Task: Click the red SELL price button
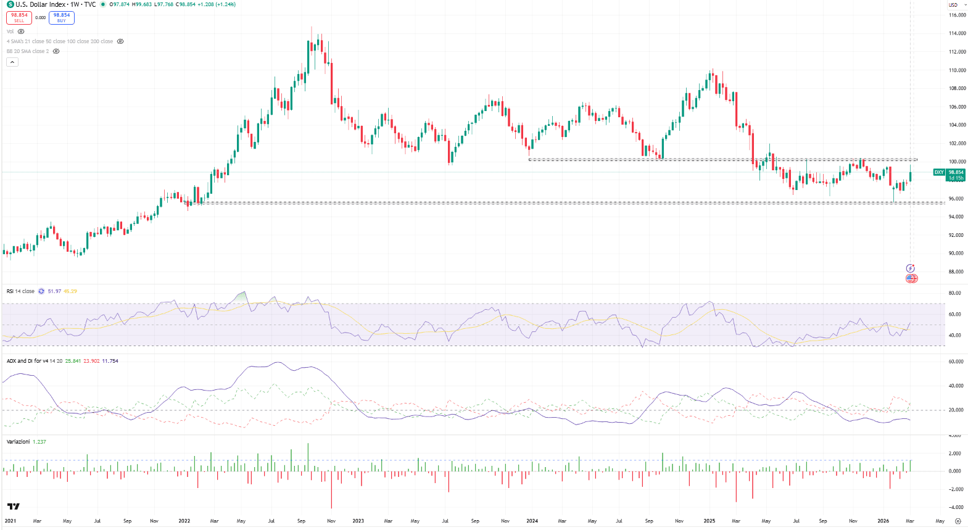[x=19, y=17]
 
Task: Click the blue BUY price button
[x=62, y=17]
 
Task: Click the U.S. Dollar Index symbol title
[x=40, y=4]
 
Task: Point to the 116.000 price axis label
[x=957, y=15]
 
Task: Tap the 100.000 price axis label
[x=957, y=162]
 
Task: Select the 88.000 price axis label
[x=957, y=271]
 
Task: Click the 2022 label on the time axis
[x=184, y=521]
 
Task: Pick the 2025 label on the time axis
[x=709, y=521]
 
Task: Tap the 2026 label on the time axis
[x=883, y=521]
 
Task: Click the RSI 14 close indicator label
[x=20, y=291]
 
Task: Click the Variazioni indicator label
[x=18, y=442]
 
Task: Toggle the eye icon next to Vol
[x=21, y=31]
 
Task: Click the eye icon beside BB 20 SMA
[x=56, y=51]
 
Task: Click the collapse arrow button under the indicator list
[x=12, y=62]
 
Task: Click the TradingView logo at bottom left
[x=13, y=507]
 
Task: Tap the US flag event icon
[x=911, y=279]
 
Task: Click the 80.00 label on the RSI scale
[x=954, y=293]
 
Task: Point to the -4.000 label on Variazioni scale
[x=955, y=507]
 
